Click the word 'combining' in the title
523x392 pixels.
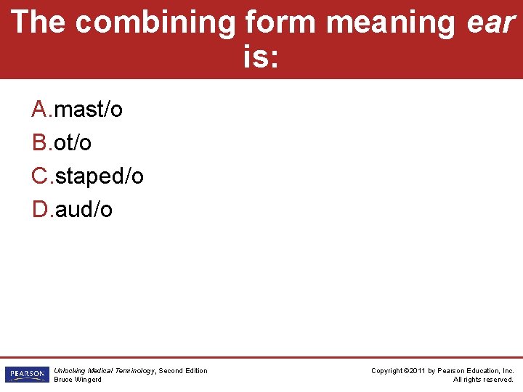tap(155, 23)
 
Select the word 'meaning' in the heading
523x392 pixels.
tap(391, 23)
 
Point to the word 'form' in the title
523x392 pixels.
tap(280, 23)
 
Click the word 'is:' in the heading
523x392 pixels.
tap(260, 58)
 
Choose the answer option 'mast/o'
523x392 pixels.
tap(88, 110)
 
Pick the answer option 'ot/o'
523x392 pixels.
tap(73, 143)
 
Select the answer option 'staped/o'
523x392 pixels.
tap(99, 176)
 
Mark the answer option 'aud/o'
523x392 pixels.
tap(84, 210)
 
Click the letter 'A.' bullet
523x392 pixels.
tap(41, 110)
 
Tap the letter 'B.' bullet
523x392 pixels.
tap(41, 143)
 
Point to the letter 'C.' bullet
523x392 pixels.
tap(41, 176)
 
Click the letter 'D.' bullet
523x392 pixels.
tap(41, 210)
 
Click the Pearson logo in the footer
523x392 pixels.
tap(25, 375)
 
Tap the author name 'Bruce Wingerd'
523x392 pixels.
tap(78, 380)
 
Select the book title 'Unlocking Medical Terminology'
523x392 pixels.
tap(104, 371)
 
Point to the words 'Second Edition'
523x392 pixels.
tap(183, 371)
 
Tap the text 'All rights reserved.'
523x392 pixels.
tap(483, 380)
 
